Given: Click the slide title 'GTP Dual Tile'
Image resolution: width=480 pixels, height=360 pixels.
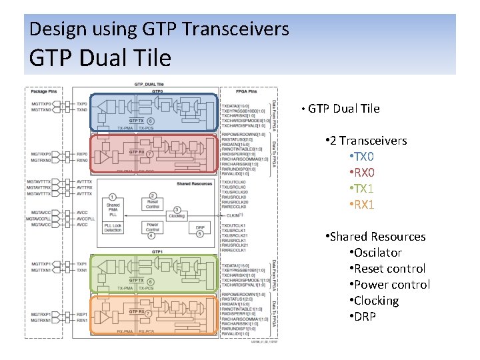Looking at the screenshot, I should [x=100, y=57].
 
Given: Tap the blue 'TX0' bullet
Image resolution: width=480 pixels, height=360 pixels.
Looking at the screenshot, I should [x=364, y=157].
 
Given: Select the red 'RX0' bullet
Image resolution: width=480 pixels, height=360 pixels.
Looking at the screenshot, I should [x=364, y=173].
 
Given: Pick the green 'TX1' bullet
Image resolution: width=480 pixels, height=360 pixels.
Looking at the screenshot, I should [x=364, y=189].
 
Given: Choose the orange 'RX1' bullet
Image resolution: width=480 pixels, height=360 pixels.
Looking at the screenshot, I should [x=364, y=205].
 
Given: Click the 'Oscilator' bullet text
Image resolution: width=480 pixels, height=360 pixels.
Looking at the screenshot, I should [x=377, y=253].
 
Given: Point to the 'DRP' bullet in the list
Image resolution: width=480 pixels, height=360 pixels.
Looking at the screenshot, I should [x=365, y=316].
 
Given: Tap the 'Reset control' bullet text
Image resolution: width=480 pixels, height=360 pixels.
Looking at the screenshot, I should [x=389, y=269].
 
